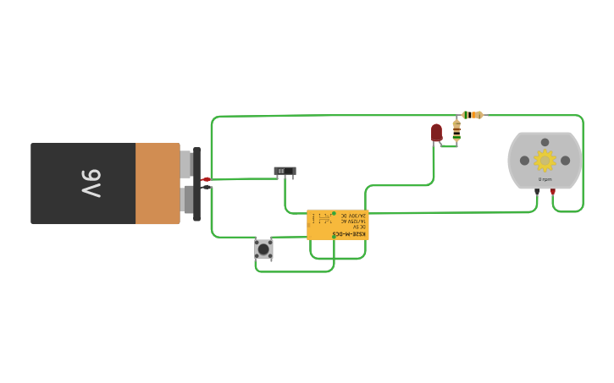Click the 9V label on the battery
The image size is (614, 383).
(x=91, y=183)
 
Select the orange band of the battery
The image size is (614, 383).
(x=158, y=183)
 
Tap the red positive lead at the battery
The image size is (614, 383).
(x=206, y=179)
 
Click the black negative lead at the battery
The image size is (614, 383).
(x=206, y=188)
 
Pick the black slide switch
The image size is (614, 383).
(x=285, y=171)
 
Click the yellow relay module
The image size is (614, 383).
(x=338, y=225)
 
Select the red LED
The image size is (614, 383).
(x=436, y=132)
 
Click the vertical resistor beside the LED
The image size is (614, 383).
(x=456, y=129)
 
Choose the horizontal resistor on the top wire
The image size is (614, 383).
(x=473, y=115)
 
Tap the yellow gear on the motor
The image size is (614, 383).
(x=545, y=160)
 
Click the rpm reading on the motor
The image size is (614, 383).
(x=545, y=179)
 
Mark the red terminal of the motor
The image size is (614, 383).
(x=553, y=192)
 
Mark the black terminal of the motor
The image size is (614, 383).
(x=537, y=192)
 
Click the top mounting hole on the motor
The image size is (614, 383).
(x=545, y=142)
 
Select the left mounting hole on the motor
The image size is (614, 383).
(x=524, y=161)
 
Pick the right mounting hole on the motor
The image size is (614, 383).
(x=565, y=161)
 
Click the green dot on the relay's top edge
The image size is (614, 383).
(x=334, y=213)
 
